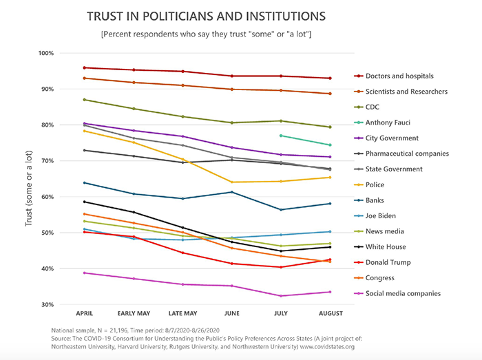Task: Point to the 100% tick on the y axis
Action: pos(45,54)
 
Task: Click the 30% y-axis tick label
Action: pos(47,305)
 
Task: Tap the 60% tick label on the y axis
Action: pos(47,197)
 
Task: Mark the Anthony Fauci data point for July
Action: pos(280,136)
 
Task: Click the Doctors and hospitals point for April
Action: pos(84,67)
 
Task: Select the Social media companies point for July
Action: pos(280,296)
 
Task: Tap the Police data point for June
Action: pos(231,182)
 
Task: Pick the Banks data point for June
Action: pos(231,192)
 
